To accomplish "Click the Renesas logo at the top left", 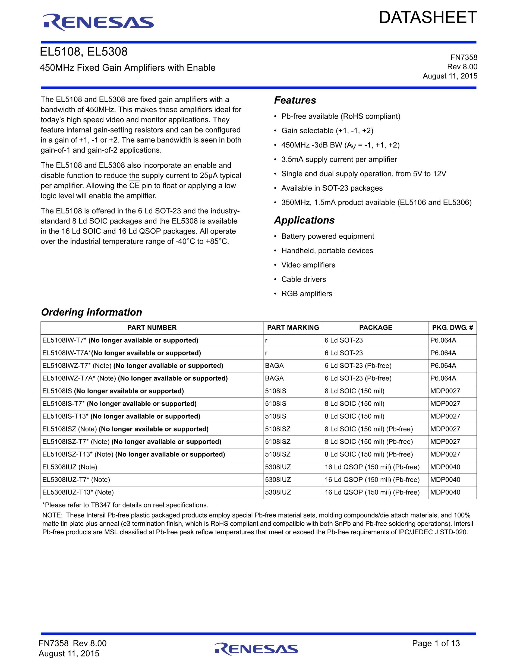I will [x=98, y=22].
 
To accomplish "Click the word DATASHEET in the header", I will [x=428, y=17].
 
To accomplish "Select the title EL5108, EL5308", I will [x=84, y=52].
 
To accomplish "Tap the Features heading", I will [x=295, y=100].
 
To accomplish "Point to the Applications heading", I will [x=304, y=220].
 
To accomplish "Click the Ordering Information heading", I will [x=92, y=312].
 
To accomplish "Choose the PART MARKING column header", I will [x=293, y=327].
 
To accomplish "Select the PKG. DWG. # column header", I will [x=452, y=327].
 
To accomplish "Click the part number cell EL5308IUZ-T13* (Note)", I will [x=78, y=492].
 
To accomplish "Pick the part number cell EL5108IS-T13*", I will [x=121, y=416].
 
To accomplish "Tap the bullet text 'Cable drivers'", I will [x=304, y=279].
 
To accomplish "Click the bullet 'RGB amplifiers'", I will [x=307, y=294].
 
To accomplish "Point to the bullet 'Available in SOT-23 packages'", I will [x=332, y=188].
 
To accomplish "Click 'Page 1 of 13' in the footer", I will [x=436, y=643].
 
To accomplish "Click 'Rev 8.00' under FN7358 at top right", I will [x=462, y=67].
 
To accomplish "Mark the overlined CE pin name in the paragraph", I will [x=134, y=186].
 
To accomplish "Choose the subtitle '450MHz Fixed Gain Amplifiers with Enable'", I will [x=127, y=68].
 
